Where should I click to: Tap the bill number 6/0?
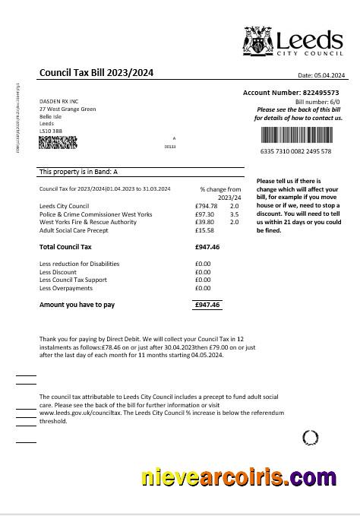334,101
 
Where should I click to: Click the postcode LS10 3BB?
51,131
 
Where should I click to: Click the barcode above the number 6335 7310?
296,135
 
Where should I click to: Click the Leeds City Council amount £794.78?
206,206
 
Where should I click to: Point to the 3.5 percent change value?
234,214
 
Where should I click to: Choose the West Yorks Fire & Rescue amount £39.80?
205,222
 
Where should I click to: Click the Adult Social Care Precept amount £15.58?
205,230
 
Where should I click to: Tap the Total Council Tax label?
65,247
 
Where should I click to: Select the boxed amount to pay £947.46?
207,305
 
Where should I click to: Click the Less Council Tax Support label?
73,280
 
